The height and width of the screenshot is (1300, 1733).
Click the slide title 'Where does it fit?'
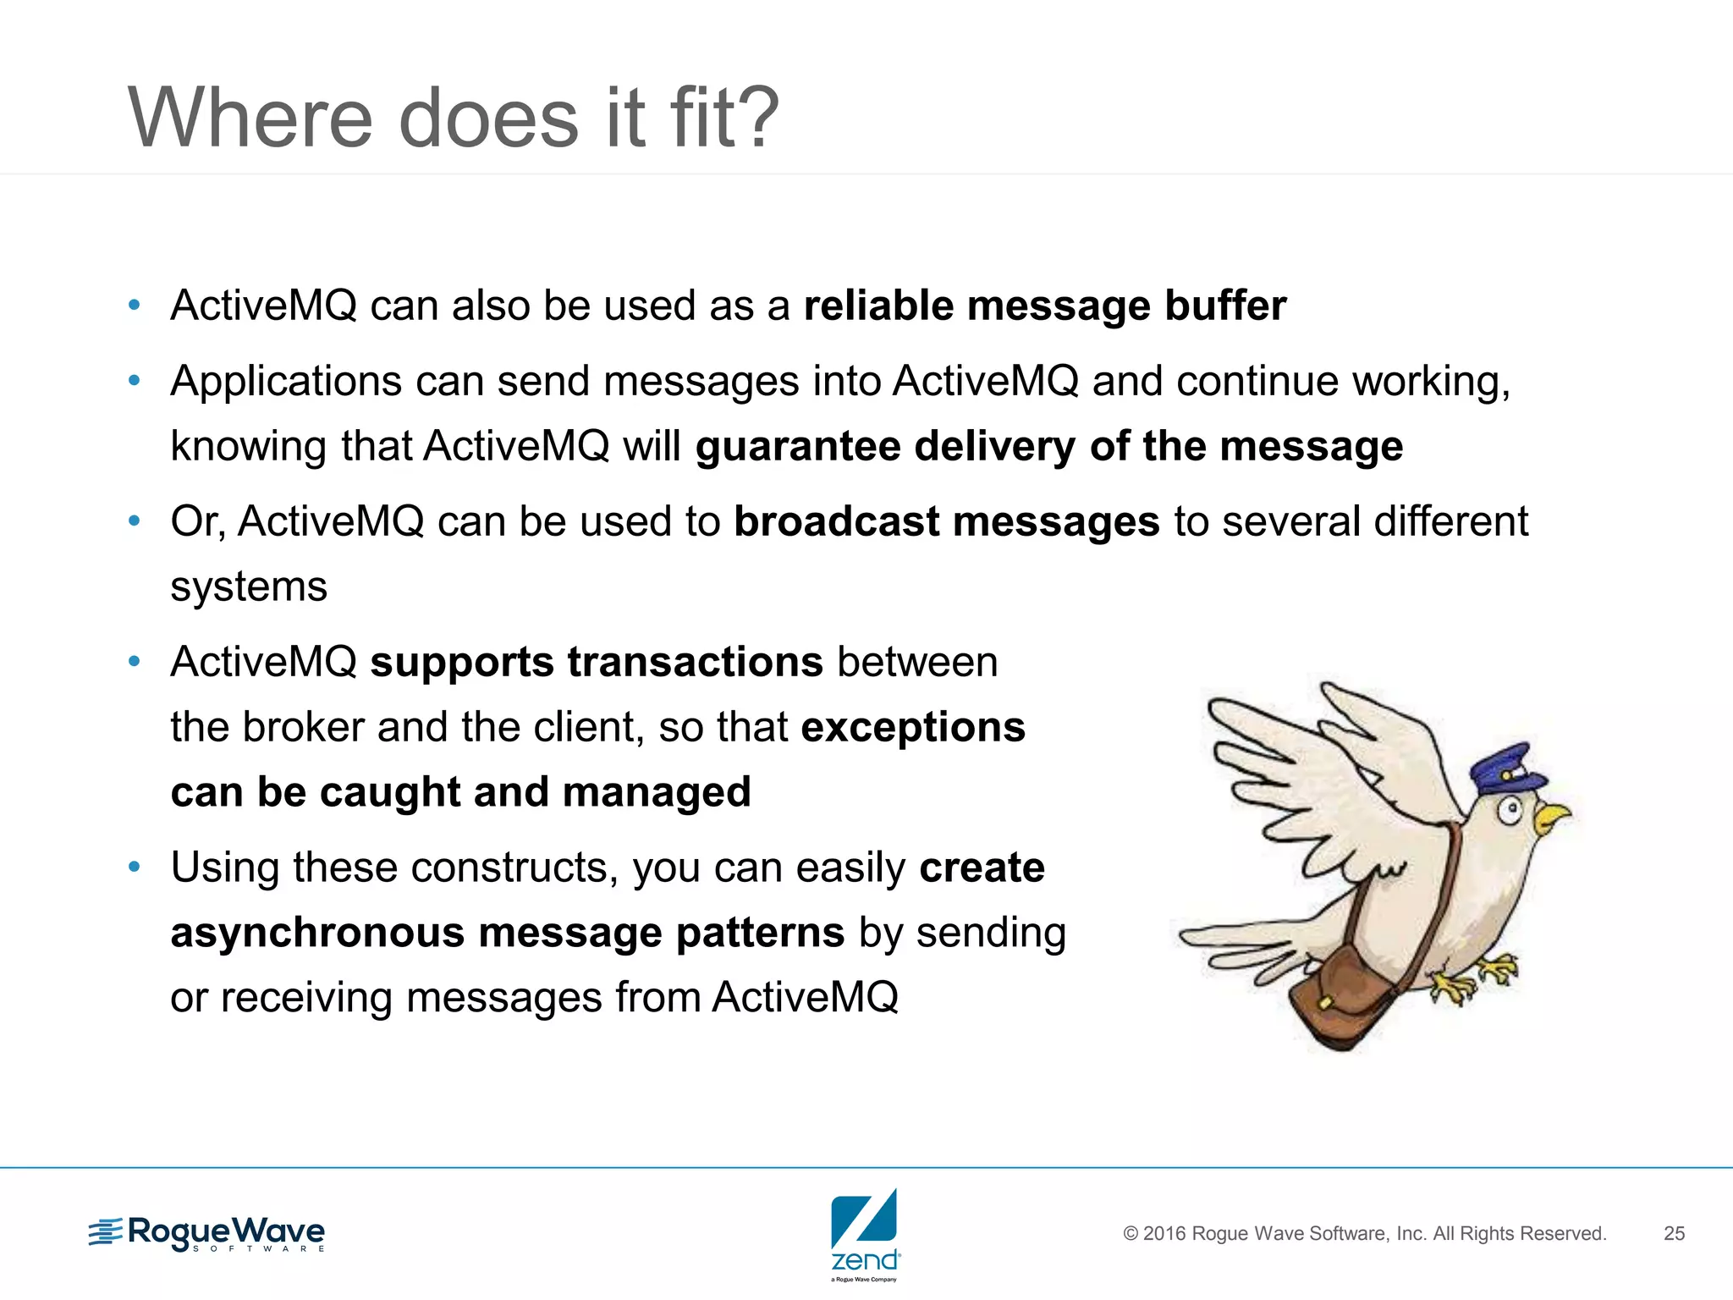pos(453,118)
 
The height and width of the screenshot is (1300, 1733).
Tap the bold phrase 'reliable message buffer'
pos(1044,306)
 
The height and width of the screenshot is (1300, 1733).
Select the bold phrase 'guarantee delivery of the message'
pos(1048,446)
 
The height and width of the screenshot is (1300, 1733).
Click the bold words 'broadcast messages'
pos(946,521)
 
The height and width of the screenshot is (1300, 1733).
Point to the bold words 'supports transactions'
pos(597,662)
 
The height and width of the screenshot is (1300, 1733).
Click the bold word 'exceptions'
pos(913,727)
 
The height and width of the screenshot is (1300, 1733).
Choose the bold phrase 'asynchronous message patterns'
pos(507,933)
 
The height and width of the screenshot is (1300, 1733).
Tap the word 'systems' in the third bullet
pos(249,587)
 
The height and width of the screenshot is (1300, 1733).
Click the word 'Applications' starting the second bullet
pos(285,382)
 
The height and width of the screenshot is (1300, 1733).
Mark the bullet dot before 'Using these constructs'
pos(134,867)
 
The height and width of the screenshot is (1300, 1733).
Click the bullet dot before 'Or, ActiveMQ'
pos(134,521)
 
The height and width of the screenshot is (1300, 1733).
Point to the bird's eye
pos(1510,812)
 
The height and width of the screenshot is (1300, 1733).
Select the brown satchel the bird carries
pos(1337,999)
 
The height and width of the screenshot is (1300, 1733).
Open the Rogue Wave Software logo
pos(206,1234)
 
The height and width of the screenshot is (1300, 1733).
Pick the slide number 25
pos(1674,1234)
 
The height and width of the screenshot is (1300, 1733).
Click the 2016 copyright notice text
pos(1364,1234)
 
